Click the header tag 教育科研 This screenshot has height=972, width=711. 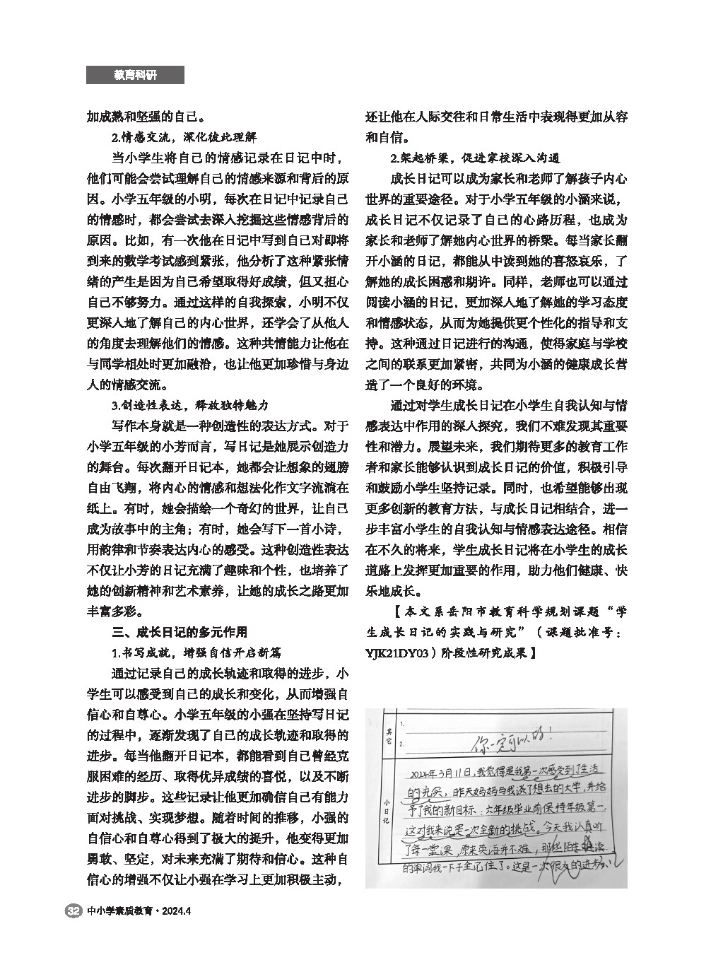point(135,75)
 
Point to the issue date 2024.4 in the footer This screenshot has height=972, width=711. point(177,910)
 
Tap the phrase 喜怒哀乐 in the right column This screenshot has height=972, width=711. point(577,260)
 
